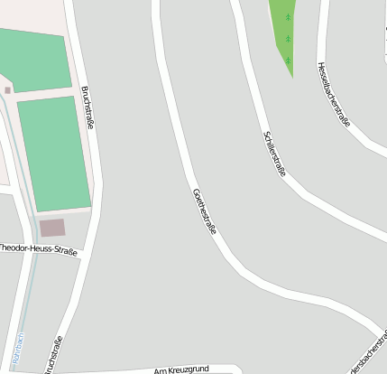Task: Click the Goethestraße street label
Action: click(x=205, y=211)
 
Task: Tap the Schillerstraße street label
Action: click(x=274, y=153)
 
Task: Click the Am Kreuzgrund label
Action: click(x=181, y=369)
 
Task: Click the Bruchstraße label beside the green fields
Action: click(x=88, y=107)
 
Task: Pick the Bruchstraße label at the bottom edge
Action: click(x=52, y=355)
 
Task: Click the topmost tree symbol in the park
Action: click(x=289, y=17)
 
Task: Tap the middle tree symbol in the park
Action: click(x=289, y=39)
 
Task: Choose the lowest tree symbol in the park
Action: click(x=289, y=60)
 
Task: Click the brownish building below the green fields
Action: click(x=52, y=228)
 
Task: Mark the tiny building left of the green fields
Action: click(x=8, y=90)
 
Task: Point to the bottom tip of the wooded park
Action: click(x=290, y=75)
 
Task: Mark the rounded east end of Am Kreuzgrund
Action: click(x=236, y=369)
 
